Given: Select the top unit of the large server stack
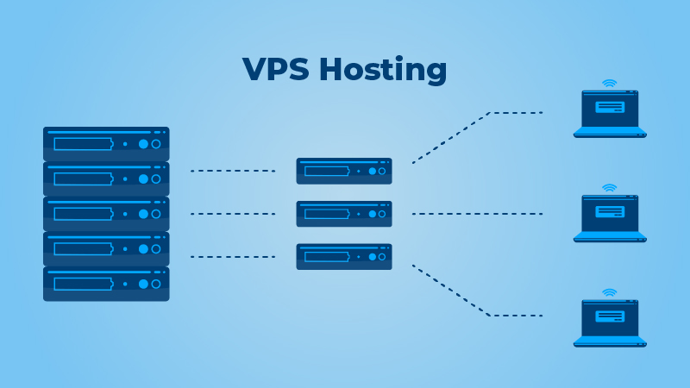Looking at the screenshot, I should click(x=106, y=143).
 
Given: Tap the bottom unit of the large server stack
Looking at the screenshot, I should click(x=106, y=283).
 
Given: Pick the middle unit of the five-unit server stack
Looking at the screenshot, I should click(x=106, y=213).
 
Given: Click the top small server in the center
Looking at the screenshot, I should click(x=344, y=171).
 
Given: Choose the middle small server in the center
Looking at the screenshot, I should click(x=344, y=214).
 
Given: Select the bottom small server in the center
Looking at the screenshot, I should click(x=344, y=256).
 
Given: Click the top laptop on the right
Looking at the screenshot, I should click(x=610, y=114).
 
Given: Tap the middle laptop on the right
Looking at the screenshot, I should click(x=610, y=218).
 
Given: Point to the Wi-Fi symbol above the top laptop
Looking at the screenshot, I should click(x=610, y=84).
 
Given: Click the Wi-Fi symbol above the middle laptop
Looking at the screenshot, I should click(x=610, y=188).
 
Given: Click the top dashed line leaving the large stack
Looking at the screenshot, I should click(x=232, y=171).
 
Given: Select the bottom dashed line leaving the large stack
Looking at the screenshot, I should click(x=232, y=256).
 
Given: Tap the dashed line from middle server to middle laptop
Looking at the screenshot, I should click(x=477, y=213).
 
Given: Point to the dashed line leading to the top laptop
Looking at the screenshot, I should click(x=516, y=112).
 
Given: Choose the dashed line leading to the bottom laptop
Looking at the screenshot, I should click(x=516, y=315).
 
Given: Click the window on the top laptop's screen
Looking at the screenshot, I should click(x=610, y=107).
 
